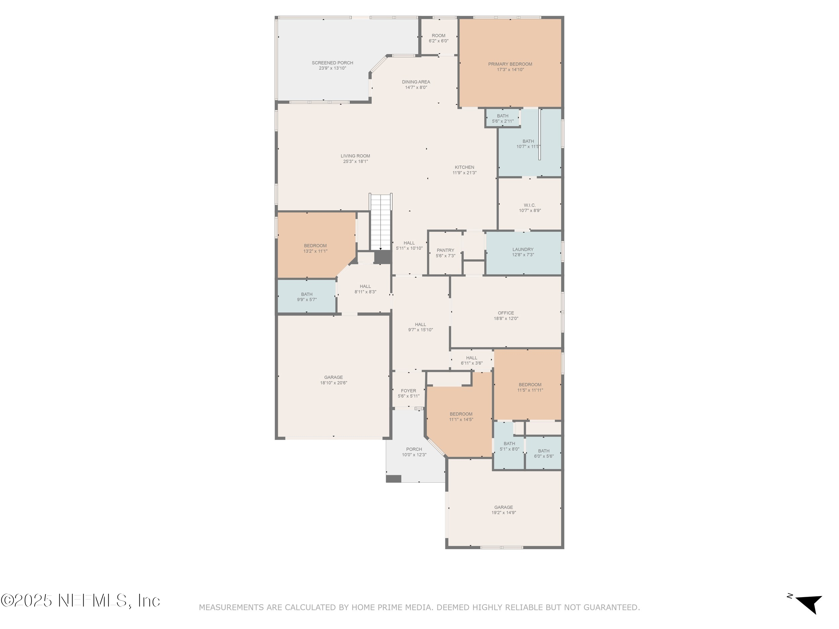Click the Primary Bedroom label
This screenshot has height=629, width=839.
click(x=510, y=64)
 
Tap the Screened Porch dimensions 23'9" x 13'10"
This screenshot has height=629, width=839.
click(x=332, y=68)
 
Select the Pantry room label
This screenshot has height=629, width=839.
click(x=445, y=250)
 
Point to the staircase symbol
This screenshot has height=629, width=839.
click(x=381, y=222)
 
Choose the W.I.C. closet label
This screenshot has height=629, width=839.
click(x=530, y=205)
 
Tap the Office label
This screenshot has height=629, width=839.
click(x=506, y=313)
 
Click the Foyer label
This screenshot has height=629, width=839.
click(x=408, y=390)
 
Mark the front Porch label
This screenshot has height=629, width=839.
click(x=414, y=449)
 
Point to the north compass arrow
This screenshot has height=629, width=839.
click(x=809, y=603)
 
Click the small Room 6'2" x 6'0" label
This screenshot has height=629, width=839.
click(x=439, y=36)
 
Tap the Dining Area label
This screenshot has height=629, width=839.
click(x=416, y=82)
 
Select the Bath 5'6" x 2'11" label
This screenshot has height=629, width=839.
click(x=503, y=116)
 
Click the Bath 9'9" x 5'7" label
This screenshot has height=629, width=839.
click(x=307, y=294)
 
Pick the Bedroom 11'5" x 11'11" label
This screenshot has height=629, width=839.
click(x=530, y=385)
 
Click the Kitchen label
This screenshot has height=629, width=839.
click(x=464, y=167)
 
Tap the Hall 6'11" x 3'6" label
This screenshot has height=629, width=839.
click(x=472, y=358)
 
